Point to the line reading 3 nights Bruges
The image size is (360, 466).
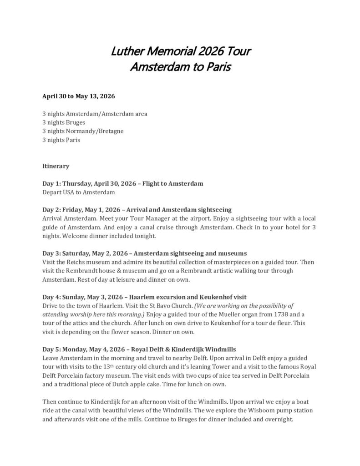coord(64,122)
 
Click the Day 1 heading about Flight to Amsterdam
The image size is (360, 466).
coord(122,183)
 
